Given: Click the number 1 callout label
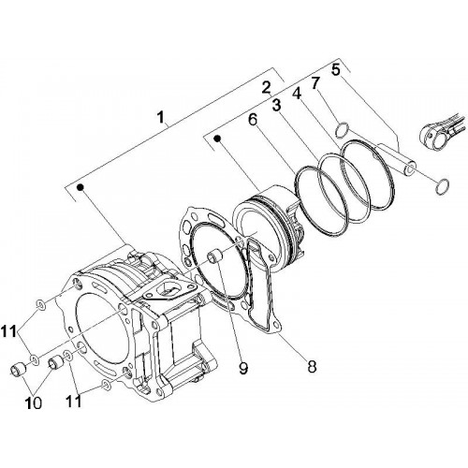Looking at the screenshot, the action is pos(160,118).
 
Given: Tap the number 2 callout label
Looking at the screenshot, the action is pos(266,88).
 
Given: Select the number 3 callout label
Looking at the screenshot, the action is pos(276,106).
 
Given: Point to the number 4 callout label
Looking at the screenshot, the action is pos(296,93).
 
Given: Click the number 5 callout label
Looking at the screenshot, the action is pos(335,69).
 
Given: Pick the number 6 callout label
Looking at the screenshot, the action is pos(253,120).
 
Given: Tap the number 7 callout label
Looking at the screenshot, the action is pos(315,82).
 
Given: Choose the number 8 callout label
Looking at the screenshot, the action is pos(312,367).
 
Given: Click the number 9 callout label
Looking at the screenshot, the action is pos(243,369).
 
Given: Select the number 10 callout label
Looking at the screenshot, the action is pos(34,403).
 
